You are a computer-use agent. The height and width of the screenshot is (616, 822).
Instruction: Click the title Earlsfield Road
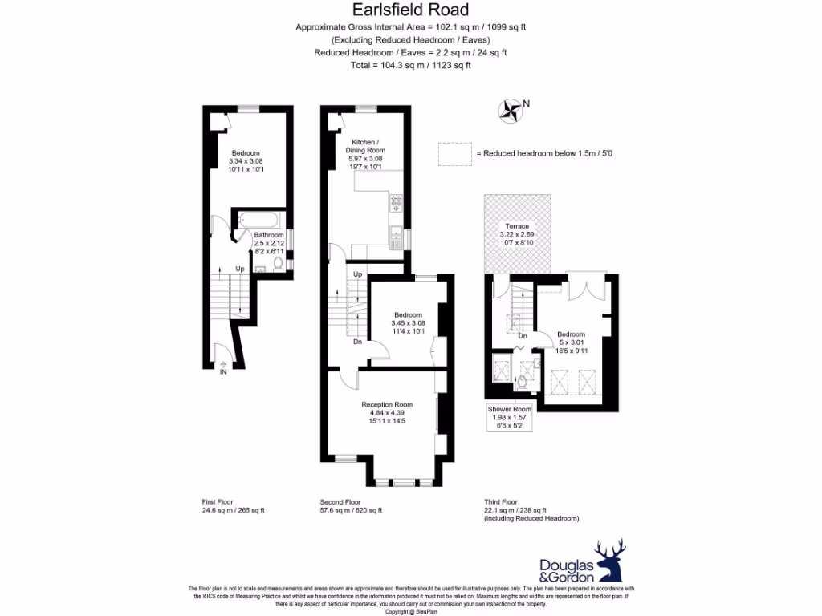tap(410, 10)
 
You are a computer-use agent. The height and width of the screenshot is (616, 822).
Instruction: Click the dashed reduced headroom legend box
tap(454, 154)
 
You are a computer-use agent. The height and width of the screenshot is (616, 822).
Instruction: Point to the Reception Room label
tap(387, 404)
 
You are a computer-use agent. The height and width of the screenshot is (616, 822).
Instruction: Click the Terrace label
tap(517, 226)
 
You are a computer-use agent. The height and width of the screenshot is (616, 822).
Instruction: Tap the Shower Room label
tap(511, 409)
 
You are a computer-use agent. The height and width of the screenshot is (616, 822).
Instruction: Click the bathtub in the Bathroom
tap(258, 219)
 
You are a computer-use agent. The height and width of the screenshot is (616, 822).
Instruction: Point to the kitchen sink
tap(397, 236)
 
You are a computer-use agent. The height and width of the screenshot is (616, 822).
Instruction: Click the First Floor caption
tap(218, 501)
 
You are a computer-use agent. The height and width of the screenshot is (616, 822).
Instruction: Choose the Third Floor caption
tap(503, 501)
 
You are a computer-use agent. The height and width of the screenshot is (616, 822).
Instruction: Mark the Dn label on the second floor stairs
tap(358, 341)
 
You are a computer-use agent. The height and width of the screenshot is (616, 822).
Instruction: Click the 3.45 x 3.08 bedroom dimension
tap(408, 323)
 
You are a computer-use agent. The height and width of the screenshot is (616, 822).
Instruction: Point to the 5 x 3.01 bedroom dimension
tap(572, 342)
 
